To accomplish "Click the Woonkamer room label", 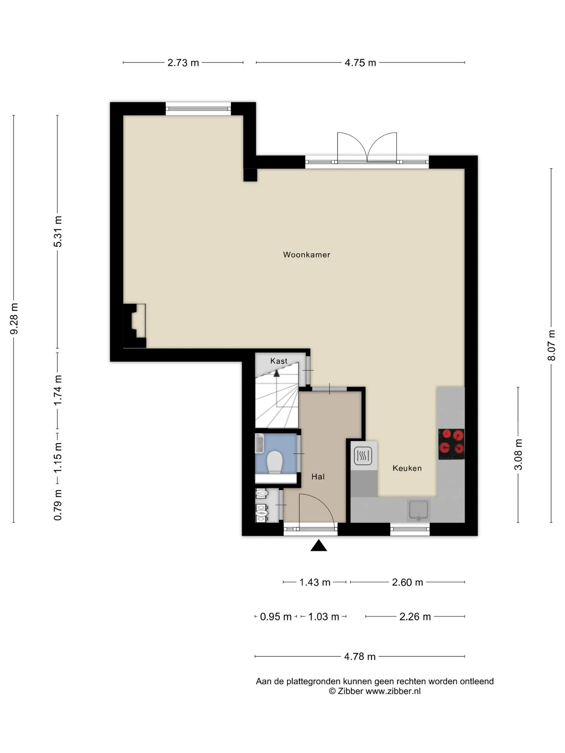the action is click(x=306, y=255).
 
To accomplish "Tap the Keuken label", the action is click(x=407, y=468).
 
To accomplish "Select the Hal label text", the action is click(x=318, y=477).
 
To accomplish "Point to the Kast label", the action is click(x=279, y=361).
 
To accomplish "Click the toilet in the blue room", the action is click(x=275, y=462).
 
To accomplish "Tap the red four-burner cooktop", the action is click(x=451, y=444).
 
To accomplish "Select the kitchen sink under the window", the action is click(x=419, y=510).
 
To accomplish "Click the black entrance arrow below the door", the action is click(x=319, y=546).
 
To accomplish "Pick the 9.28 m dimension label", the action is click(x=14, y=319).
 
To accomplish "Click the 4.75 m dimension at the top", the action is click(x=360, y=63).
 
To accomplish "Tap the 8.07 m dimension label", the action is click(x=551, y=345).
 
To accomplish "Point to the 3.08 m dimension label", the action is click(x=518, y=454).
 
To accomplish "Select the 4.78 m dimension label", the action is click(x=360, y=657).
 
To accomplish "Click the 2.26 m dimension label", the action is click(x=415, y=617).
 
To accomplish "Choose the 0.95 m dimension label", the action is click(x=276, y=617).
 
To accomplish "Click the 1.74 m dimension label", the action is click(x=58, y=390).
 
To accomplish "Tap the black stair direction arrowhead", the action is click(x=277, y=373).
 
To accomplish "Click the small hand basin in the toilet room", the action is click(x=259, y=443).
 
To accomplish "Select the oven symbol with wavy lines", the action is click(x=363, y=455).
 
